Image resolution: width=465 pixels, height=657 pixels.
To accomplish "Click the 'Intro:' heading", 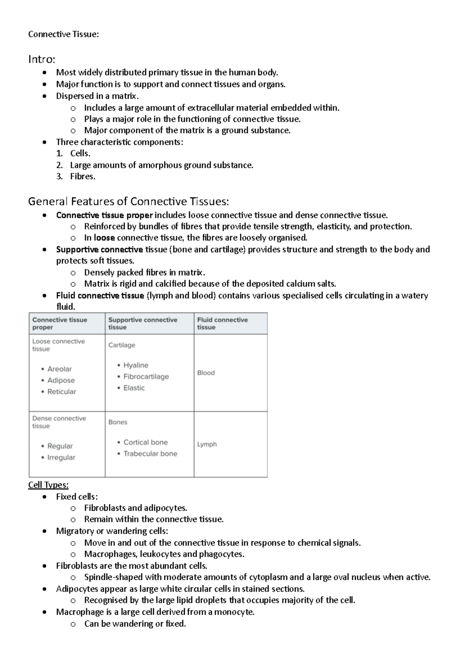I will (x=42, y=59).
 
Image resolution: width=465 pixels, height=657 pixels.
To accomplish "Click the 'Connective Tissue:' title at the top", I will (x=64, y=34).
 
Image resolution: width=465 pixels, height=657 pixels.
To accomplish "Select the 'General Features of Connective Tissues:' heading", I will (x=128, y=201).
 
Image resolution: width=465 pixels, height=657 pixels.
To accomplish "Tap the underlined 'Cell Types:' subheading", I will (x=48, y=485).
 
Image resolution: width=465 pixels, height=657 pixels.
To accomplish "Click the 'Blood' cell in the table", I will (x=206, y=373).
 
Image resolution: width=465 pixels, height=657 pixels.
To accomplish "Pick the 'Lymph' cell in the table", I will (x=207, y=444).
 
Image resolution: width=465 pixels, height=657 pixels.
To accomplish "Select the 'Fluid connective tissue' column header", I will (x=222, y=323).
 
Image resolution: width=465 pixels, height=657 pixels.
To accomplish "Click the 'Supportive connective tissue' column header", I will (x=143, y=323).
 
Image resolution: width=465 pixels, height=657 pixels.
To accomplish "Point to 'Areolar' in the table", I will (x=59, y=369).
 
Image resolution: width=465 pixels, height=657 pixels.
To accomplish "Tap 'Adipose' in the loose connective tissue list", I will (x=61, y=380).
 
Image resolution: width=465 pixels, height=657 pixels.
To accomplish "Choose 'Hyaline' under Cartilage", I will (x=136, y=365).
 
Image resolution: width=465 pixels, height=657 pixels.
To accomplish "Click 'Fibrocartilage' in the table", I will (x=146, y=377).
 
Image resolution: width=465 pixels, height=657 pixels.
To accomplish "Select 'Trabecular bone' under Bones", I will (x=150, y=454).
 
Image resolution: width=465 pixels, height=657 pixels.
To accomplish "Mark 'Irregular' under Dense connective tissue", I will (x=61, y=457).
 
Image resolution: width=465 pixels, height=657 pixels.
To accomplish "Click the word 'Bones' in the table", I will (x=118, y=422).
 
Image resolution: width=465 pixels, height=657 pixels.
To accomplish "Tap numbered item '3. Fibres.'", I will (x=82, y=177).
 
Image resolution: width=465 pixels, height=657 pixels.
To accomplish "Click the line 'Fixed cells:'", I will (x=77, y=497).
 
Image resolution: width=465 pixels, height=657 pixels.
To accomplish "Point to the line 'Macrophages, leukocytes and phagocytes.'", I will (x=164, y=554).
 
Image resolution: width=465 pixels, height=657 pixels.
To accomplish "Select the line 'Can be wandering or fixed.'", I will (x=135, y=624).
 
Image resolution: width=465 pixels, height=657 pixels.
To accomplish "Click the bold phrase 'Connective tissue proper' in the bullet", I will (x=104, y=215).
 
